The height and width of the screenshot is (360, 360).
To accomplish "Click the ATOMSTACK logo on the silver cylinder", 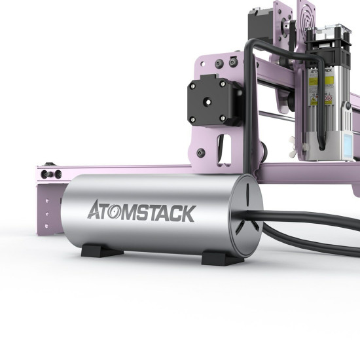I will (141, 212).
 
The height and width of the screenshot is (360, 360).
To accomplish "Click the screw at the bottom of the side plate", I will (201, 153).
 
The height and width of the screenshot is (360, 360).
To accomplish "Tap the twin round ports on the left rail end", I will (50, 174).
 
